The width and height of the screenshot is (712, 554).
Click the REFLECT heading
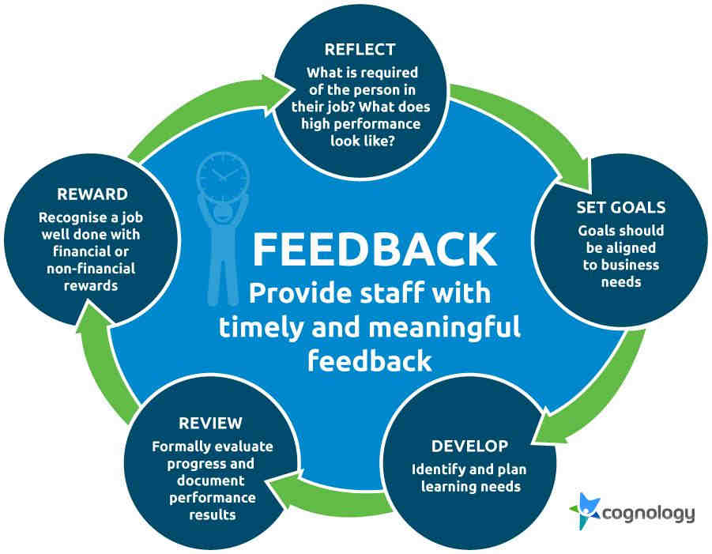[360, 49]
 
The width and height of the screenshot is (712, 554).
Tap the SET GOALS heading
[621, 207]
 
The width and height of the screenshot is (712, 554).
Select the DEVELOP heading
[469, 446]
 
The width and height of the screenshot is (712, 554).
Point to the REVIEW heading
[210, 424]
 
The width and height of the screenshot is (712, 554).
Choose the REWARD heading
[92, 194]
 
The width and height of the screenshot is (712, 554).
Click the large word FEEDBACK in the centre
[374, 249]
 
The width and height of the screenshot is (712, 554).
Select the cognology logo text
[648, 514]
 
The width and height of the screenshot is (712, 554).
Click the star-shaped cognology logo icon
[585, 511]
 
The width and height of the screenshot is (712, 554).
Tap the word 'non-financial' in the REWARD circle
[91, 269]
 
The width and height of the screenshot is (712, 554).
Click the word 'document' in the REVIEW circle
[211, 481]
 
